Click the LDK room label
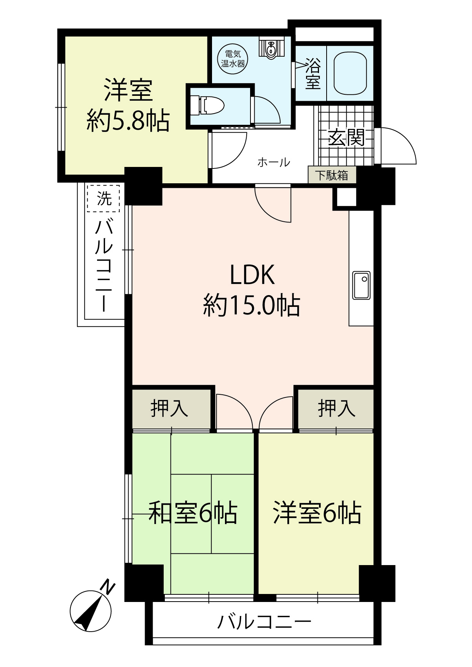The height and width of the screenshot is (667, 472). [x=252, y=275]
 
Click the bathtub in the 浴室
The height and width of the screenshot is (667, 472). [x=350, y=73]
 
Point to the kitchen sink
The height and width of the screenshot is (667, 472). [x=361, y=285]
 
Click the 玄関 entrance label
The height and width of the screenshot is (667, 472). [x=346, y=137]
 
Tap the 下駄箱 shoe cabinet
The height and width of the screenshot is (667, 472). [x=332, y=175]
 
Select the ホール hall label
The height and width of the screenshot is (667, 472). [x=274, y=162]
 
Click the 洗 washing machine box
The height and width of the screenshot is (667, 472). [x=104, y=199]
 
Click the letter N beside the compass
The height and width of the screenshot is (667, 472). [x=108, y=586]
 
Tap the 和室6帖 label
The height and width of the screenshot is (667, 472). [x=193, y=513]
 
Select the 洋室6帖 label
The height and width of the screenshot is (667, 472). [x=317, y=513]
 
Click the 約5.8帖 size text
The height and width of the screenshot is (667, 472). [x=128, y=120]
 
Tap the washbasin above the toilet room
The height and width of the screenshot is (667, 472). [x=271, y=48]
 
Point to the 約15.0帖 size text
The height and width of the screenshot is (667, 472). [x=252, y=305]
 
